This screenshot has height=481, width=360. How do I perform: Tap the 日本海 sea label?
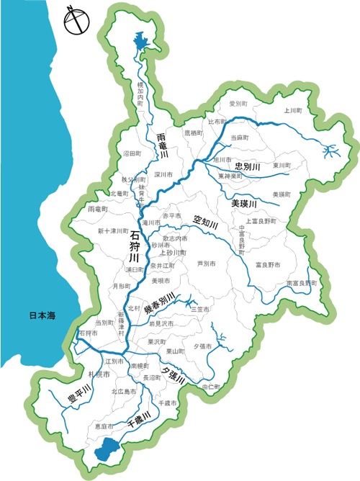coord(42,316)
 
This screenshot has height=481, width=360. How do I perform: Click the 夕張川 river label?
coord(174,375)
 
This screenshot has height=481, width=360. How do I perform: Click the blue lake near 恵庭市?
coord(107,452)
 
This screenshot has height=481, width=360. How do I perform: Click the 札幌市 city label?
coord(98,375)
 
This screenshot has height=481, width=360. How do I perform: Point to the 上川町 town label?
coord(292,111)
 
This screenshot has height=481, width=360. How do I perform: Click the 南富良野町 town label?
coord(301,283)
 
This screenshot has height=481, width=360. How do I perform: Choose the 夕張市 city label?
coord(202,346)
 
